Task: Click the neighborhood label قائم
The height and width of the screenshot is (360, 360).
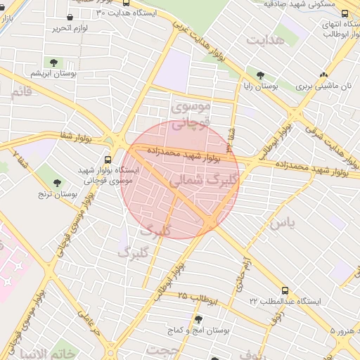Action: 20,92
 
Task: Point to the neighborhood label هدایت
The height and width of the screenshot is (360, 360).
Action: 265,40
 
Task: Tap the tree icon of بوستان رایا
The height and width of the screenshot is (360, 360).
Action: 261,75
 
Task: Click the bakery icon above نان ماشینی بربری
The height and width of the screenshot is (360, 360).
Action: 323,75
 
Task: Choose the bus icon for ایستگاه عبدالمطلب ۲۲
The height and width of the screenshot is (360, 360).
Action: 285,290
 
